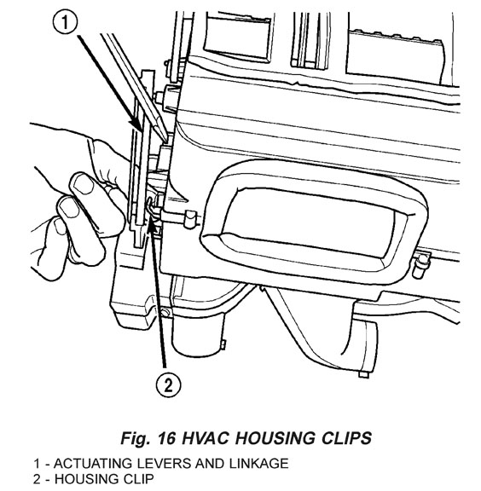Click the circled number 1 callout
[x=65, y=23]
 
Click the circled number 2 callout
[x=169, y=384]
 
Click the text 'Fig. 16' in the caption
[x=148, y=438]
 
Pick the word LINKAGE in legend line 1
[x=258, y=464]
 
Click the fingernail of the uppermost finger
[x=84, y=185]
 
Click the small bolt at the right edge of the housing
[x=420, y=265]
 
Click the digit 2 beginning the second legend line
[x=37, y=479]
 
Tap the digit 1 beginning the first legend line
[x=37, y=464]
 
